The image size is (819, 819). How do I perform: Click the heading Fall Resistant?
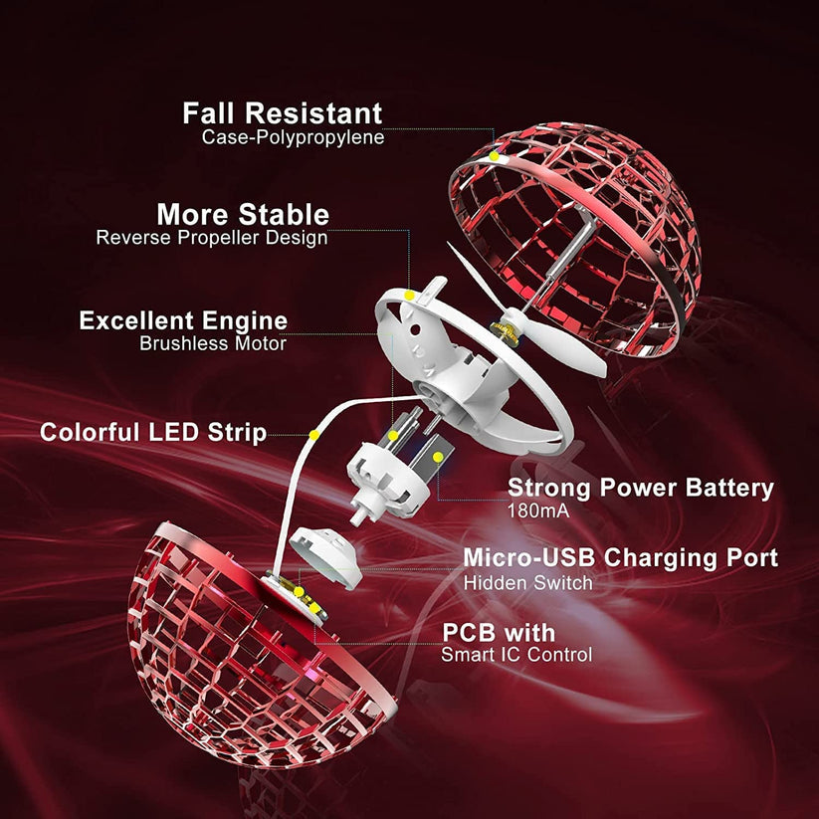[x=282, y=113]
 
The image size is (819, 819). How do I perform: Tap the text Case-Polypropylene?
[x=293, y=137]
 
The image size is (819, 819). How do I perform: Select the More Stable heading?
[x=243, y=214]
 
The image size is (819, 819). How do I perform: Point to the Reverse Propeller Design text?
[x=212, y=238]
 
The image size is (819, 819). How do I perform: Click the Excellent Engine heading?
[x=183, y=320]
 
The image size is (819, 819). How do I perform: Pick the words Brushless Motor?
[x=213, y=343]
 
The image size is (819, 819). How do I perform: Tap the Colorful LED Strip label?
[x=153, y=433]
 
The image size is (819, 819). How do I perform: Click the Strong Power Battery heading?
[x=641, y=489]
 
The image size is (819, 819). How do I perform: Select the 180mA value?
[x=538, y=511]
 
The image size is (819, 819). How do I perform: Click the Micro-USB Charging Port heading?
[x=621, y=558]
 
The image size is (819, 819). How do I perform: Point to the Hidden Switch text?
[x=528, y=583]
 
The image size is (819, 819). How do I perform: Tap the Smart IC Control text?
[x=516, y=655]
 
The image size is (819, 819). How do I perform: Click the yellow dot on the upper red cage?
[x=494, y=156]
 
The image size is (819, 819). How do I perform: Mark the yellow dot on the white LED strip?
[x=313, y=435]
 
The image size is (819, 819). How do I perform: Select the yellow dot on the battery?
[x=438, y=457]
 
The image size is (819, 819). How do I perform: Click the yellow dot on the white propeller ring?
[x=410, y=296]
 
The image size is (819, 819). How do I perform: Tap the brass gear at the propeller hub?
[x=505, y=332]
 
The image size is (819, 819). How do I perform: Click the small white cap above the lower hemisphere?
[x=326, y=557]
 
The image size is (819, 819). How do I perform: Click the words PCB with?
[x=499, y=633]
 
